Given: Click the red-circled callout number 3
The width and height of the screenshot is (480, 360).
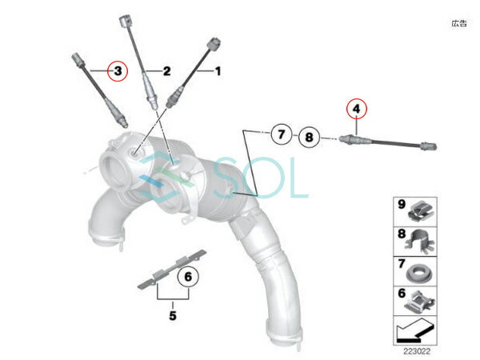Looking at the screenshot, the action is [118, 71].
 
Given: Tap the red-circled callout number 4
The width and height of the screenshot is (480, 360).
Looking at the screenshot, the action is [356, 109].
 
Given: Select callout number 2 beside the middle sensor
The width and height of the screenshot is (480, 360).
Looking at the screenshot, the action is [166, 71].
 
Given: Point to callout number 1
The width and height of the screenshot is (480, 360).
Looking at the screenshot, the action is [218, 71].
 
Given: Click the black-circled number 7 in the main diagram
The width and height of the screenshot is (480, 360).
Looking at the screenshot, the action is [281, 134].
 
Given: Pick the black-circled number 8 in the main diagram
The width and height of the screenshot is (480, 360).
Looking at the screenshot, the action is [309, 137].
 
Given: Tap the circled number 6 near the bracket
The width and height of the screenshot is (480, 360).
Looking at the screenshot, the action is [188, 277].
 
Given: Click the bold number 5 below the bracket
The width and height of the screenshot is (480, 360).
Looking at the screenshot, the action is [173, 315].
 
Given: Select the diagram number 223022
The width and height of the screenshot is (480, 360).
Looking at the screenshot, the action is [417, 351].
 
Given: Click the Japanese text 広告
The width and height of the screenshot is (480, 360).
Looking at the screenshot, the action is [459, 23].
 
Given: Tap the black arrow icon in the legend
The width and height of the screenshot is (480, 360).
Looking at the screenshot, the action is [415, 330].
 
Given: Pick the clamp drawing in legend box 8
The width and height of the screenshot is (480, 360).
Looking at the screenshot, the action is [420, 241].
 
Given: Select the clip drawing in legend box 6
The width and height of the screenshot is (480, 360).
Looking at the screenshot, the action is [420, 302].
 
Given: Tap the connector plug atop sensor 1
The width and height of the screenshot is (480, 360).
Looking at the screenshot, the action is [214, 43].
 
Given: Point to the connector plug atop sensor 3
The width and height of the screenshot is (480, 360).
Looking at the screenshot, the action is [78, 59].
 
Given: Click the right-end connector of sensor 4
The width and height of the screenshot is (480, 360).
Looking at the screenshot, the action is [429, 146].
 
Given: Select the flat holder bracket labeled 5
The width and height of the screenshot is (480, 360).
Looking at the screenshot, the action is [172, 270].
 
